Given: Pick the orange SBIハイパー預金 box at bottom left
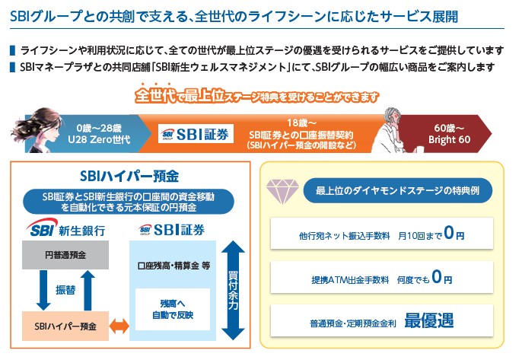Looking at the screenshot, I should point(65,326).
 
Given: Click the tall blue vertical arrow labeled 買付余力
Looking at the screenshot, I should point(234,289).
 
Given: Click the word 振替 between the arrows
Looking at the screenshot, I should point(64,290).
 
